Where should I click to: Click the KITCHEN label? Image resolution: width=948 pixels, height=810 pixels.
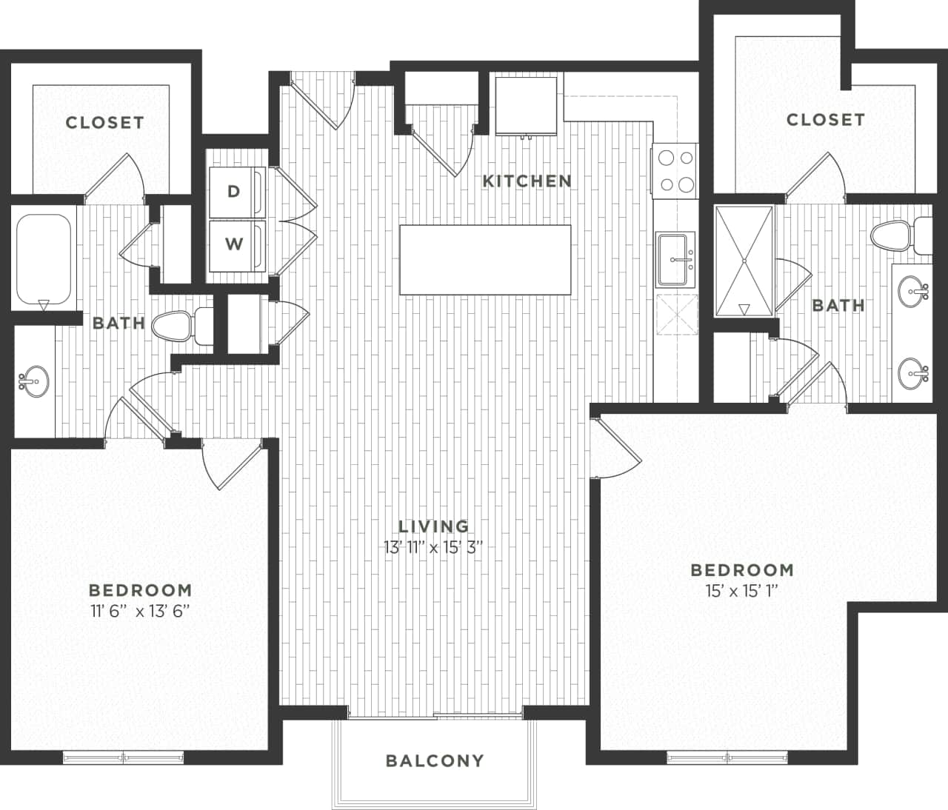pos(527,181)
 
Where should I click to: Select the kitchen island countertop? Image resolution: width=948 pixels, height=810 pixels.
pos(485,259)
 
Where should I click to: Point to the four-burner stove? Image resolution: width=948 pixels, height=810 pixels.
pos(675,171)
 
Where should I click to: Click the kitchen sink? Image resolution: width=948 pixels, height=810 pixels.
pos(675,258)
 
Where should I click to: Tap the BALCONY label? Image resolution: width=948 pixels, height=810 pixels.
pos(435,760)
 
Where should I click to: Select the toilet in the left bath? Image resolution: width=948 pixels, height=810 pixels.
pos(178,326)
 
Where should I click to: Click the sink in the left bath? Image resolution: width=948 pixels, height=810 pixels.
pos(33,382)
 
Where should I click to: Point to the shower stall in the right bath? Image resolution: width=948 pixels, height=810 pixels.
pos(744,261)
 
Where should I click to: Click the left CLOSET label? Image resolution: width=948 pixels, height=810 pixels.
pos(104,122)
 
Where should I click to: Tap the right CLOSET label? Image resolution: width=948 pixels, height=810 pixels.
pos(825,119)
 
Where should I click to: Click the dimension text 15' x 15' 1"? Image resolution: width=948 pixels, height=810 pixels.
pos(742,591)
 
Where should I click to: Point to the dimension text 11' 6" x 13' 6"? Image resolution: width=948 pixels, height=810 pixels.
pos(140,611)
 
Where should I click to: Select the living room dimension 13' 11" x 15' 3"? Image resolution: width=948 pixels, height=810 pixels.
pos(434,547)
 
